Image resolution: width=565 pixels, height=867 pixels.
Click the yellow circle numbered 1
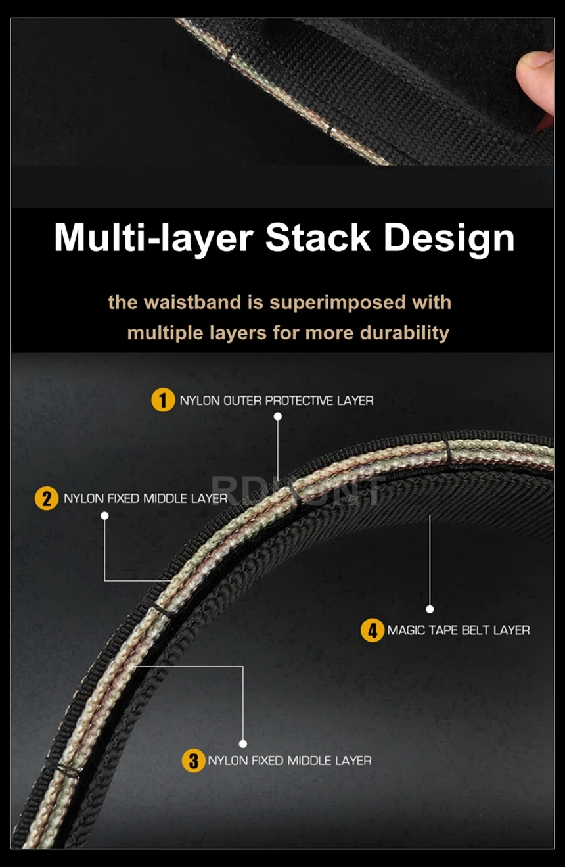163,400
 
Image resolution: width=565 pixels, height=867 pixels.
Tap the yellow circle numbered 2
47,498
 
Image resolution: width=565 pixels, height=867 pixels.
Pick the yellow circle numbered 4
372,630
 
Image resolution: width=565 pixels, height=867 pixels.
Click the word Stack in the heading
318,237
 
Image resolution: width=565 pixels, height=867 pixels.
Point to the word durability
405,333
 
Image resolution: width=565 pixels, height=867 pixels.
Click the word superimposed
338,302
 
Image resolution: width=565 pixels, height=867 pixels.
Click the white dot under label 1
278,417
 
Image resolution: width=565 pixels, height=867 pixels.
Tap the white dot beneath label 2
104,515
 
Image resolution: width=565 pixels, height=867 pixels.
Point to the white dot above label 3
243,743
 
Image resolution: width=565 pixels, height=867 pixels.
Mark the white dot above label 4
430,609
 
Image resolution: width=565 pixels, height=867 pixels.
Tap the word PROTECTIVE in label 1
299,400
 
